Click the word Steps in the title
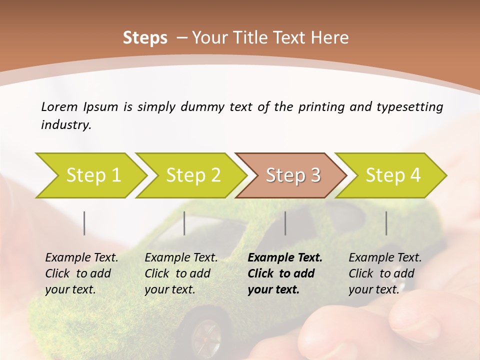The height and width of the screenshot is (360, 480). pyautogui.click(x=145, y=38)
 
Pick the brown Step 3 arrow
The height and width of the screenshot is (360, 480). pyautogui.click(x=293, y=175)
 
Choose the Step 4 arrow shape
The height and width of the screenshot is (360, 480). pyautogui.click(x=393, y=175)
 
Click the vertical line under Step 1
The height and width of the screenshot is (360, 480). pyautogui.click(x=84, y=223)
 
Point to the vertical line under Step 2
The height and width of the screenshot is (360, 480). pyautogui.click(x=184, y=223)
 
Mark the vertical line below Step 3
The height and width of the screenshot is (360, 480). pyautogui.click(x=285, y=223)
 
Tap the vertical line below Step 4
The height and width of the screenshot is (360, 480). pyautogui.click(x=386, y=223)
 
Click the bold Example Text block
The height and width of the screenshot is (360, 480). pyautogui.click(x=284, y=273)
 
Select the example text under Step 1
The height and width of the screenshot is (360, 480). pyautogui.click(x=81, y=273)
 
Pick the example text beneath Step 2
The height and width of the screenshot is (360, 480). pyautogui.click(x=181, y=273)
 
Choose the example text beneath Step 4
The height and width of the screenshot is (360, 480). pyautogui.click(x=385, y=273)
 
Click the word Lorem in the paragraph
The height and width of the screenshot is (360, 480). pyautogui.click(x=59, y=106)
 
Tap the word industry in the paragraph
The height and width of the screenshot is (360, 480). pyautogui.click(x=66, y=125)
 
